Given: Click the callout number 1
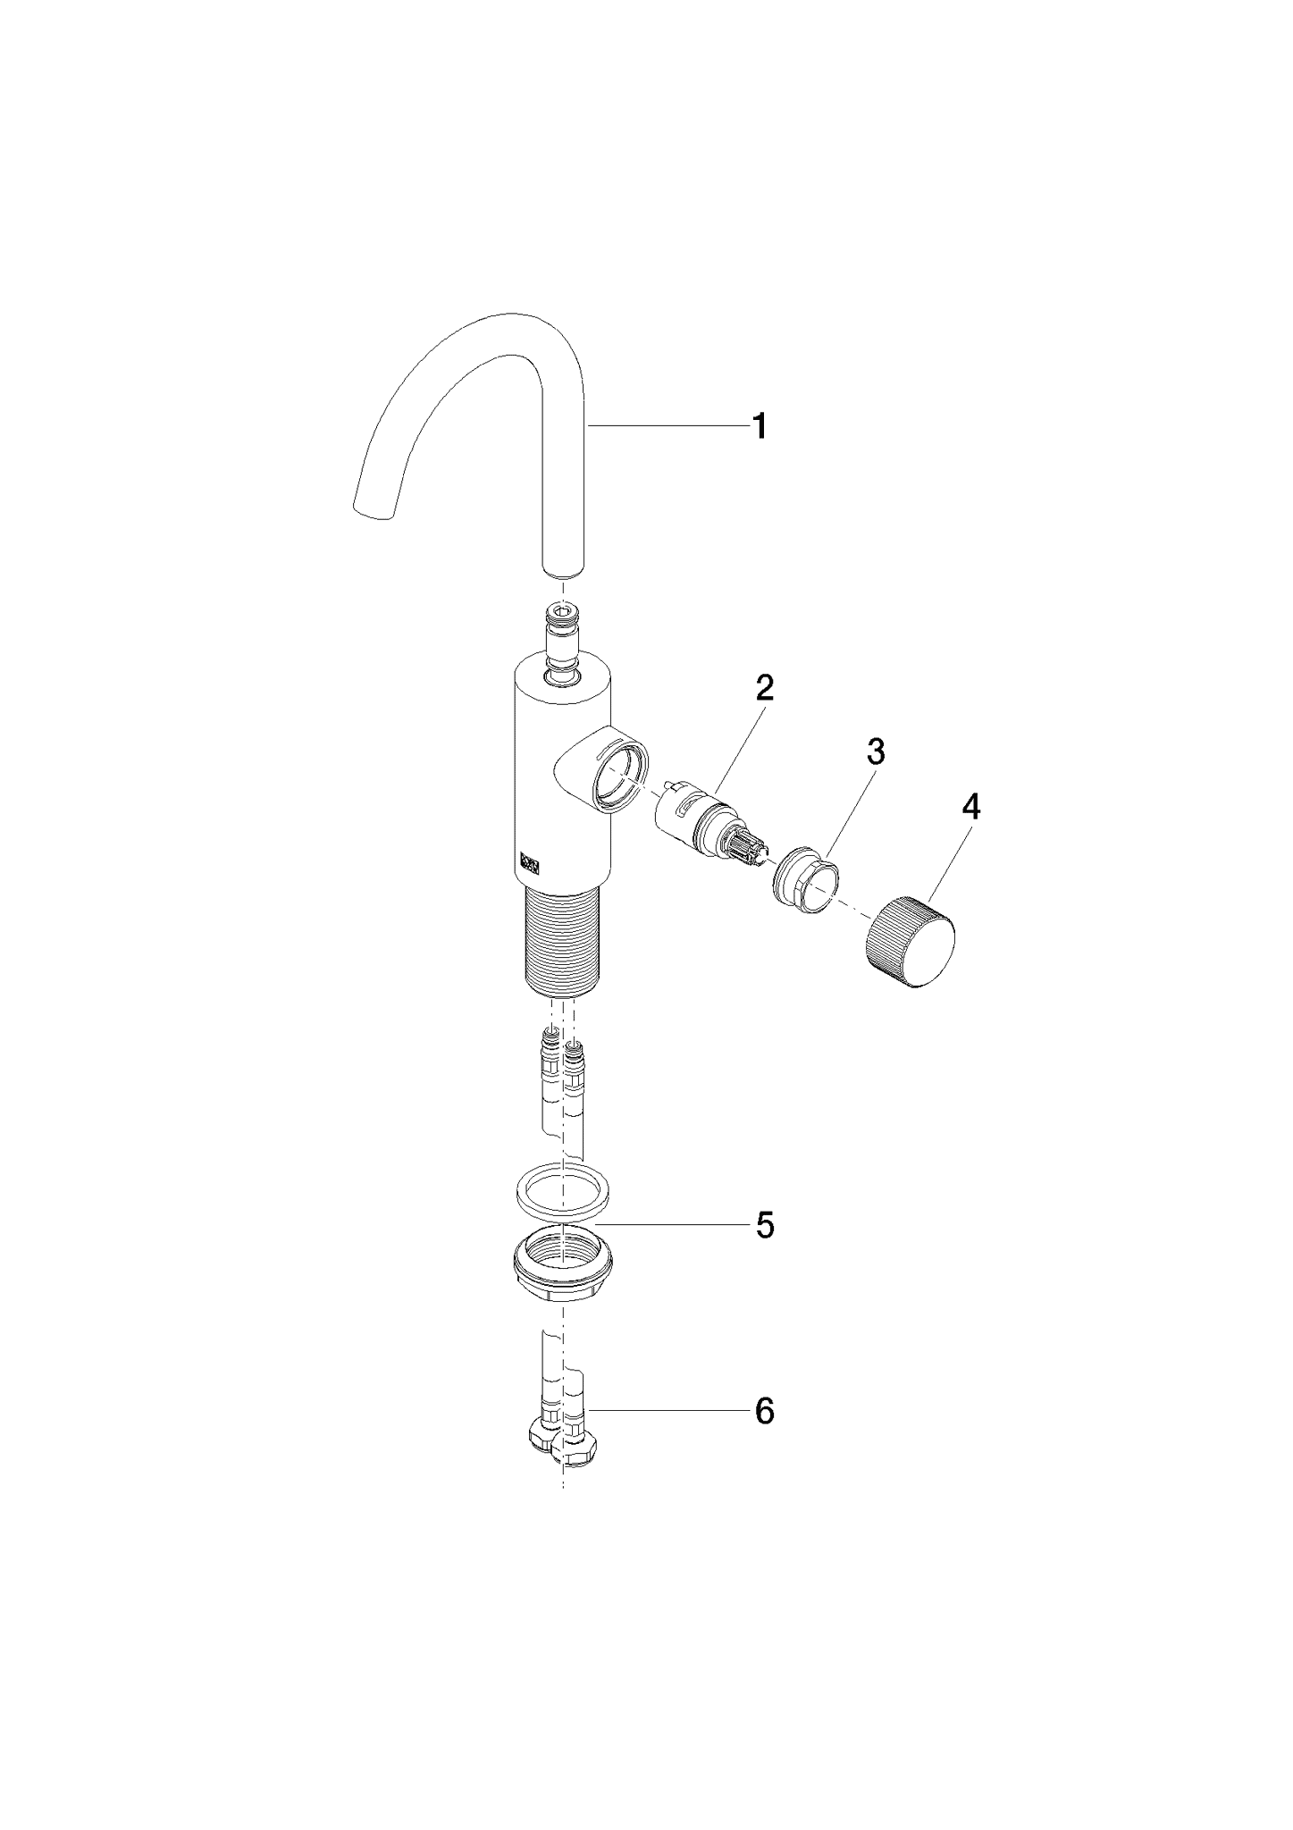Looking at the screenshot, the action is [x=759, y=426].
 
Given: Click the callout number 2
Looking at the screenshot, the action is [x=764, y=688].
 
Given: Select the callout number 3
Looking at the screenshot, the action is [x=877, y=751].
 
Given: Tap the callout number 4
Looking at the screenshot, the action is [x=970, y=808].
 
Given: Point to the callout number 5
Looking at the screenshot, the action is [x=765, y=1225].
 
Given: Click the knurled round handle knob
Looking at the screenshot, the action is [x=910, y=944].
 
